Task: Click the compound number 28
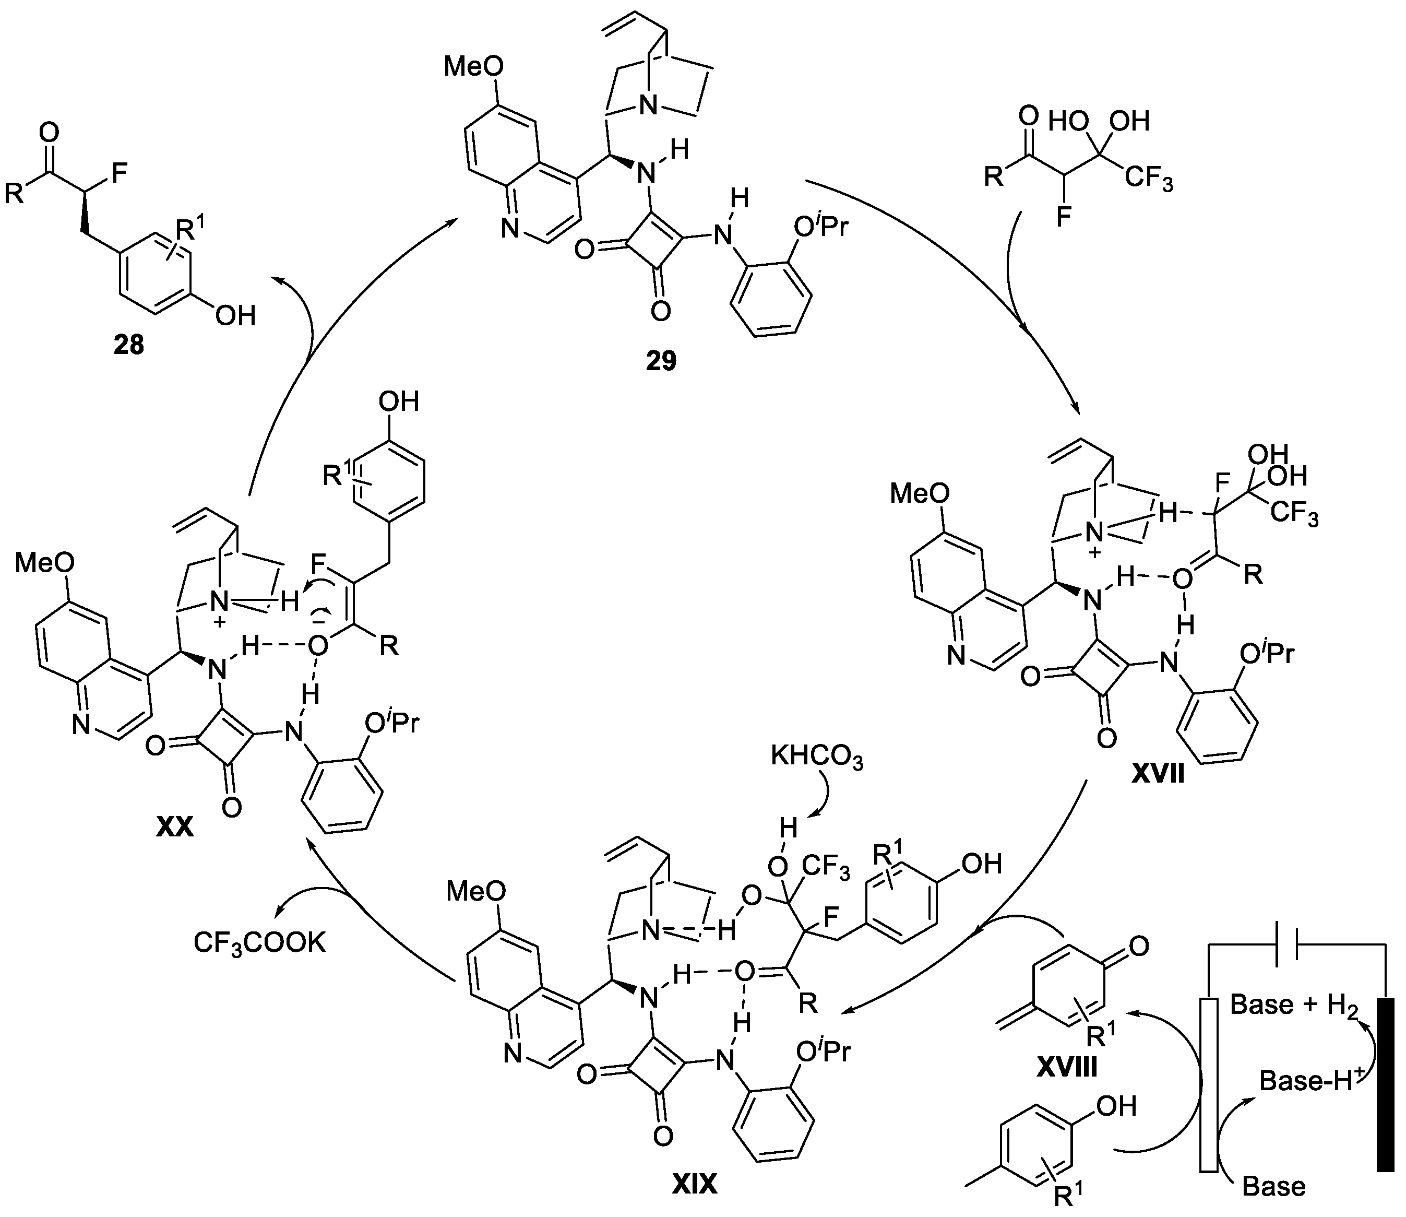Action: point(129,346)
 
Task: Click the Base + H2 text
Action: point(1295,1005)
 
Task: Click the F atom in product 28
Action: point(119,173)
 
